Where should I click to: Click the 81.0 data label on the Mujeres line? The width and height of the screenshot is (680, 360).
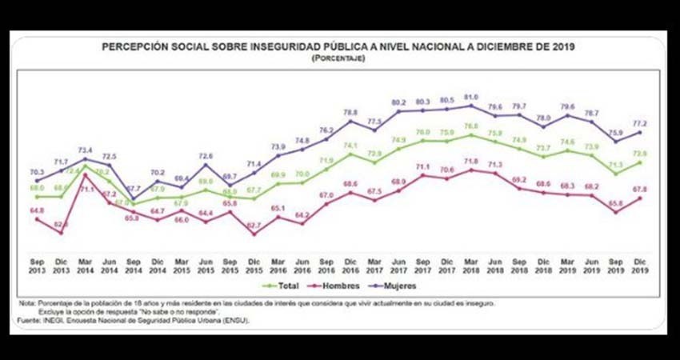pyautogui.click(x=471, y=97)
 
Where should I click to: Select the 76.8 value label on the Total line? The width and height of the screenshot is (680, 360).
pyautogui.click(x=471, y=126)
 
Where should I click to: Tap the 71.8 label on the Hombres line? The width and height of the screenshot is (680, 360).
pyautogui.click(x=471, y=162)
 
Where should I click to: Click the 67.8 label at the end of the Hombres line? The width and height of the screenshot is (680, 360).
pyautogui.click(x=640, y=190)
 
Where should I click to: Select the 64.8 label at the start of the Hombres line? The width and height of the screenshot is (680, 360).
pyautogui.click(x=36, y=210)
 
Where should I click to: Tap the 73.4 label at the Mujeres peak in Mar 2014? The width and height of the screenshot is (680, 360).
pyautogui.click(x=85, y=150)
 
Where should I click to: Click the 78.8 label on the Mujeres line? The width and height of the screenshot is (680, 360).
pyautogui.click(x=350, y=113)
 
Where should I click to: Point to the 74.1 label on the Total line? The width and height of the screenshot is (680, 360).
pyautogui.click(x=350, y=146)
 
